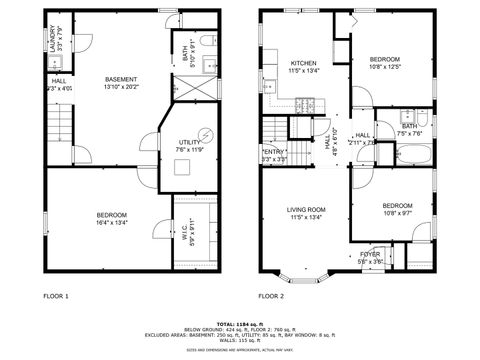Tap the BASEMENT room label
121,79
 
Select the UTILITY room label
189,143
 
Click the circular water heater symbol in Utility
207,134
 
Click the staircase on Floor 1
60,126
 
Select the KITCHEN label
303,62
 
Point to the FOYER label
370,254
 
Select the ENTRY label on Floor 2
273,152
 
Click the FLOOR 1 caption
56,297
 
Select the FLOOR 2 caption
271,297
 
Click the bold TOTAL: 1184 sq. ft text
239,321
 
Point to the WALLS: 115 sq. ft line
239,342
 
